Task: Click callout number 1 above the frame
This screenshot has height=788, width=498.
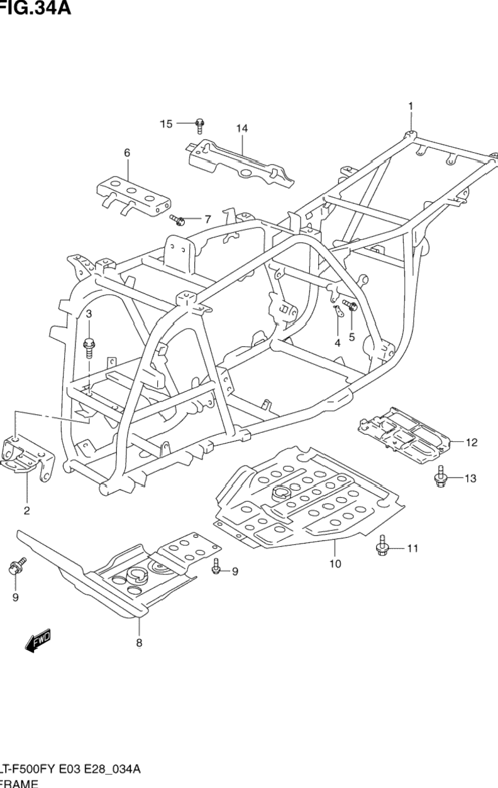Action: [411, 106]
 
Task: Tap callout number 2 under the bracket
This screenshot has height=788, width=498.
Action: [27, 510]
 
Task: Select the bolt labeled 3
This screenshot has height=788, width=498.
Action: [89, 345]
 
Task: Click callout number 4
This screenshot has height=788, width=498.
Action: [337, 342]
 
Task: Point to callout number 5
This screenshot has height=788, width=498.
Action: [351, 336]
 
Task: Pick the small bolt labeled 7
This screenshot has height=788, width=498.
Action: [178, 220]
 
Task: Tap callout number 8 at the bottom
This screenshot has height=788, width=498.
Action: [139, 642]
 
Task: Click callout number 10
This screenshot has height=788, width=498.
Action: [335, 564]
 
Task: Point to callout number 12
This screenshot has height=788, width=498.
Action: [472, 442]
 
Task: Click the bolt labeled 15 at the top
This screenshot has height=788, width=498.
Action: [199, 124]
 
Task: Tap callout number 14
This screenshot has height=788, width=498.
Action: [242, 128]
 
